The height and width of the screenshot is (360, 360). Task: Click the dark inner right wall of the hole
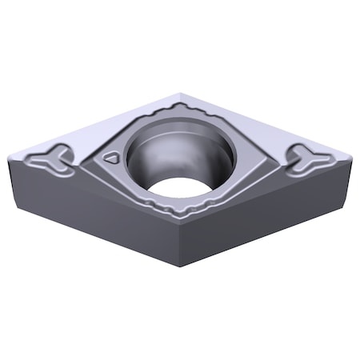220,160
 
